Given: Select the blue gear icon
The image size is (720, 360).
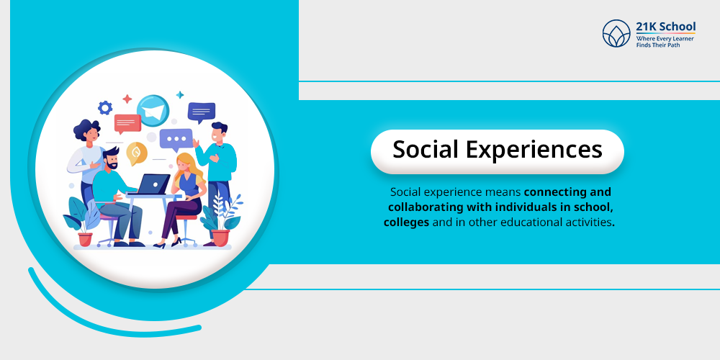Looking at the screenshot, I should (x=105, y=108).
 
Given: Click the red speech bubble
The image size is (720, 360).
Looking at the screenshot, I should (x=127, y=124).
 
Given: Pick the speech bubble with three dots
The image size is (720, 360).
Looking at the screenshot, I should (x=176, y=139).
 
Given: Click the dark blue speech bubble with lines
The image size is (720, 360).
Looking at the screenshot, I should (x=201, y=112).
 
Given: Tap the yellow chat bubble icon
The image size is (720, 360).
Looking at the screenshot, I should (x=136, y=153).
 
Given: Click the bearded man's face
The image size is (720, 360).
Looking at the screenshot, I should (x=112, y=160).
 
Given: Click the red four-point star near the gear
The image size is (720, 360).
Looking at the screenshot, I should (x=127, y=99).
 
